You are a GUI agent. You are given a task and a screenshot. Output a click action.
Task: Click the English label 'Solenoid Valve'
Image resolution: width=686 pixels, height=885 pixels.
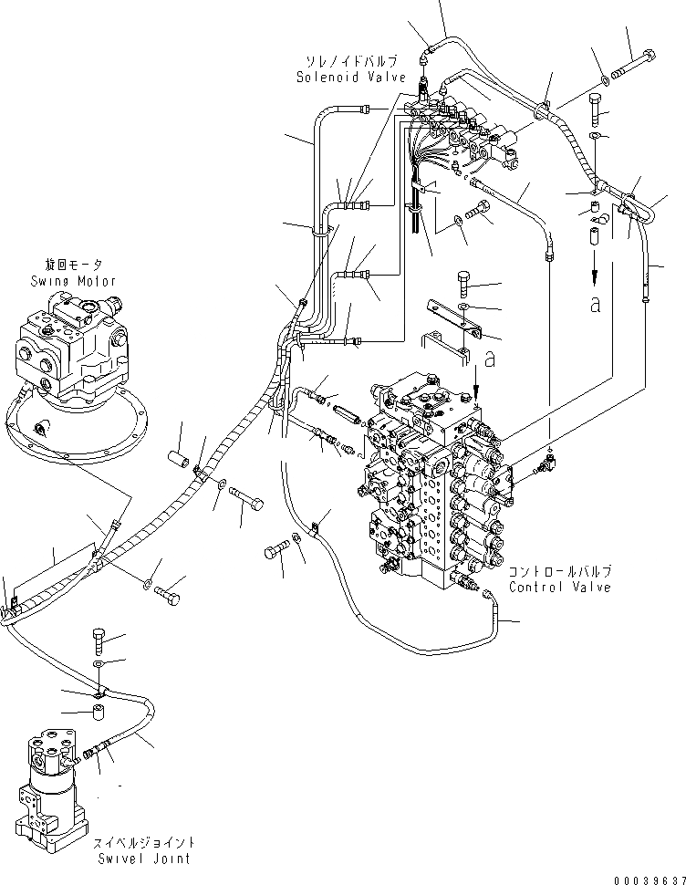[350, 78]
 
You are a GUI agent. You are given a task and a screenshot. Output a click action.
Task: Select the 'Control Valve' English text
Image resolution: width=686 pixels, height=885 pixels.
[560, 587]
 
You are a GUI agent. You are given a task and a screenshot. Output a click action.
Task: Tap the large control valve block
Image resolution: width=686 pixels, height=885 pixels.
[433, 484]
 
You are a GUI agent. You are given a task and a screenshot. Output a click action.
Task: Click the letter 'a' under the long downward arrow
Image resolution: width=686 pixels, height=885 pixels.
[596, 304]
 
